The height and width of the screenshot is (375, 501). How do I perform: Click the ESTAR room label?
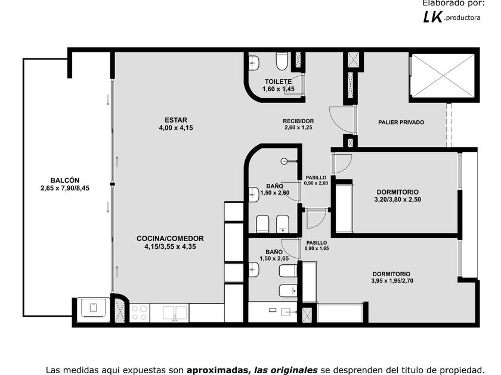176,120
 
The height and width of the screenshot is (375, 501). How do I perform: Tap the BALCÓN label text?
65,180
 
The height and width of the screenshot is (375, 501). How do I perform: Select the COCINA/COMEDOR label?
170,239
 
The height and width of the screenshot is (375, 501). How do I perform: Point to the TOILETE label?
278,82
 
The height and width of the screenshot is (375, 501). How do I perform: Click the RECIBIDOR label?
298,121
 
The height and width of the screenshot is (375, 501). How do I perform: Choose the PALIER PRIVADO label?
401,122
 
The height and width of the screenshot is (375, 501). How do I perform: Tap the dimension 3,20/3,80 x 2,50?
397,199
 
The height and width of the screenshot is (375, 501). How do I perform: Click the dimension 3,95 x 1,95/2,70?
392,281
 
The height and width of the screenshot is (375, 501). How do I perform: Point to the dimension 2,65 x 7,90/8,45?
65,188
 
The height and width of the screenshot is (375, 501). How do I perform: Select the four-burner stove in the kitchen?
140,313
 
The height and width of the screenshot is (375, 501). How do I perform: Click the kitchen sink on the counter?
174,313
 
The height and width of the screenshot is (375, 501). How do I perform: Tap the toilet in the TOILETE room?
282,61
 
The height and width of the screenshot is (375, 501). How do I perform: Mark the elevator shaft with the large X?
443,76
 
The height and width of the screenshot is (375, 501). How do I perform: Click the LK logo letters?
432,17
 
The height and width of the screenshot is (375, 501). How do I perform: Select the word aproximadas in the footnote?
218,370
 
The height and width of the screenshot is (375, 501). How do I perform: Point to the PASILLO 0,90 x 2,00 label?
316,180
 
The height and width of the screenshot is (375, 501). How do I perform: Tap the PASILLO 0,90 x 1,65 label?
317,245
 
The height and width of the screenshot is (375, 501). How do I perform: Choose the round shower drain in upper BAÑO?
284,161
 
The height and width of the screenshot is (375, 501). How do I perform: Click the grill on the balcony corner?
93,309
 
